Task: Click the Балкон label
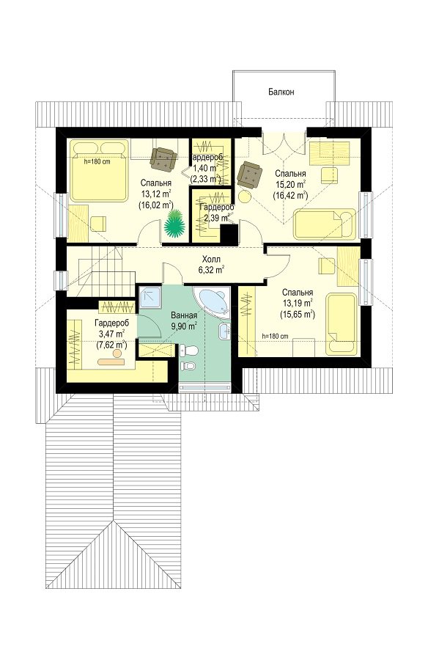(x=281, y=92)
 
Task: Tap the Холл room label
(x=211, y=260)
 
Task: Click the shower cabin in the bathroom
(x=150, y=299)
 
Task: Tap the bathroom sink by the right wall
(x=224, y=331)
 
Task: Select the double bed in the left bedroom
(x=99, y=170)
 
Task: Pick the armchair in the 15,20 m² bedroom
(x=250, y=175)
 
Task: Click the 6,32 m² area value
(x=211, y=270)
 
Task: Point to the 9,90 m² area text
(x=184, y=326)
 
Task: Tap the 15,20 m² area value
(x=290, y=184)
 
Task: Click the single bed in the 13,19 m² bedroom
(x=341, y=323)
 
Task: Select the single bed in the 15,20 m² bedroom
(x=324, y=224)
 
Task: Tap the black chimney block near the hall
(x=229, y=234)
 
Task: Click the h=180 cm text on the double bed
(x=97, y=161)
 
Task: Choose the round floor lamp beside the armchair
(x=244, y=197)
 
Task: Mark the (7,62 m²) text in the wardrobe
(x=112, y=345)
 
